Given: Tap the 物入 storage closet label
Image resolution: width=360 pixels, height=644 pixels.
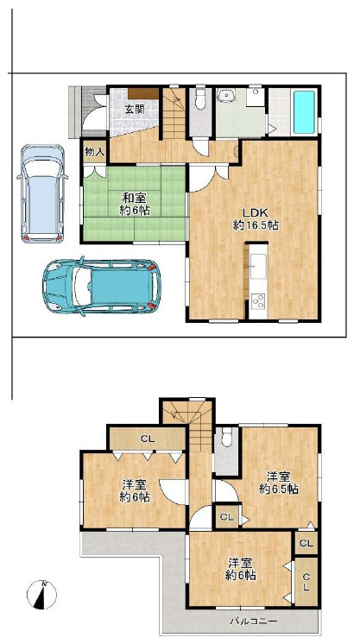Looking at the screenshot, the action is coord(94,152).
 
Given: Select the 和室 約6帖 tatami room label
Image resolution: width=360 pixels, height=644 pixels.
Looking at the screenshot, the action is coord(135,204).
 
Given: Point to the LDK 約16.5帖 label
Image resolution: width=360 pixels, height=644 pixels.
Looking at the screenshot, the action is coord(256,218).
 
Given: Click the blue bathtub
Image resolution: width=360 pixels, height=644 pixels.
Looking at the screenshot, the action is coord(305,112).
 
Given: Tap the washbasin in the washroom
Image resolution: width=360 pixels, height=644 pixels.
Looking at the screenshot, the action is coord(225,96).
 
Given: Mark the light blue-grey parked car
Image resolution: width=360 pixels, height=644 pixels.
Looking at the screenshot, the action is coord(41,193).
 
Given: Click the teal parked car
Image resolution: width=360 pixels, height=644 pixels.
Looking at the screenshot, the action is coord(101,287).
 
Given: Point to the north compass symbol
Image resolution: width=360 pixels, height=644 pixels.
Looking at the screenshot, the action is coord(42,594).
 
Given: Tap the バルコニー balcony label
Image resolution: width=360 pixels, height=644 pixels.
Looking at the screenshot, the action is coord(254,622).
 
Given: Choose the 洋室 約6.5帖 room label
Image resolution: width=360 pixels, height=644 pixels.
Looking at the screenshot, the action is coord(279,483).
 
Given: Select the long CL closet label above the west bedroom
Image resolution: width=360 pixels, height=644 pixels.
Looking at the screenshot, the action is coord(148,439).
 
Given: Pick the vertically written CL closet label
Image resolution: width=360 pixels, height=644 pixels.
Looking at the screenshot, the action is coord(306,582).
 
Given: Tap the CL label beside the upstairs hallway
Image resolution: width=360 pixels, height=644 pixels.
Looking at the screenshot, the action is coord(226,517).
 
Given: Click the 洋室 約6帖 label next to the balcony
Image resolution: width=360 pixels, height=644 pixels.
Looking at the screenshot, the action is coord(240,569).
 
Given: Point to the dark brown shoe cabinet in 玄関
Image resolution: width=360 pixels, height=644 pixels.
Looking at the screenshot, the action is coord(143,93).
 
